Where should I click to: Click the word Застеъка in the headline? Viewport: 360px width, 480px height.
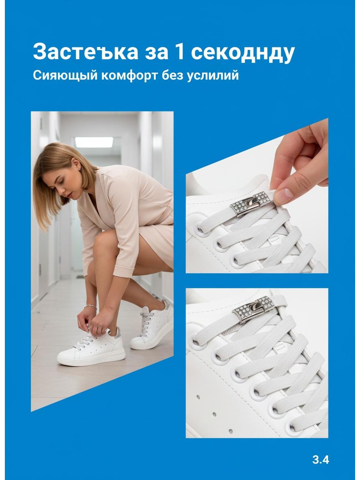(x=86, y=52)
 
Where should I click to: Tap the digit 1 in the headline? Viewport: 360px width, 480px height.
(x=179, y=52)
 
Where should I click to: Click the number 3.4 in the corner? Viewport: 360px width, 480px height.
(x=321, y=459)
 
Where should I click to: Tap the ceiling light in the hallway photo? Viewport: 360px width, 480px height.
(x=94, y=142)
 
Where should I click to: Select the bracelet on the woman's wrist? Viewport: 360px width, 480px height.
(x=91, y=306)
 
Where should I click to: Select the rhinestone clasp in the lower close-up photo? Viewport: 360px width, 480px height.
(x=253, y=309)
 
